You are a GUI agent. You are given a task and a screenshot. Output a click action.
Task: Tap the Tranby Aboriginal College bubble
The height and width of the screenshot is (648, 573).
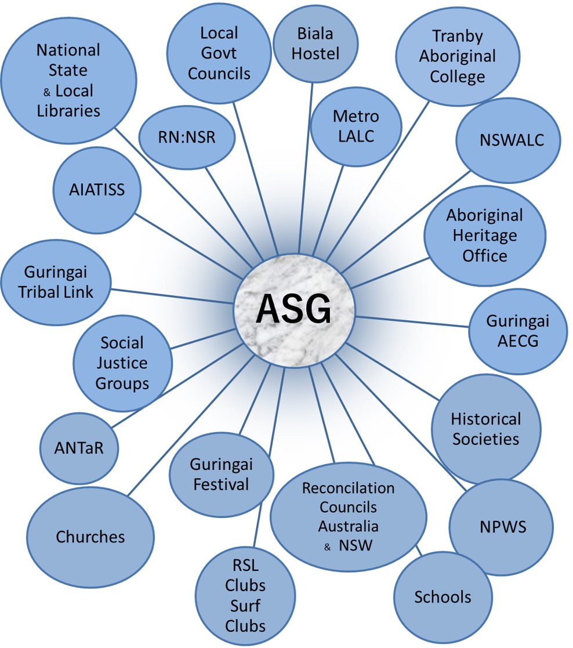(457, 56)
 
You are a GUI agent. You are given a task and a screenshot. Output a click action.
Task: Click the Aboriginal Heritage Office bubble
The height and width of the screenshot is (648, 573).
(484, 236)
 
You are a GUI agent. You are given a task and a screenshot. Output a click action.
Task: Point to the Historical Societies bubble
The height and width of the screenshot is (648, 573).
(486, 428)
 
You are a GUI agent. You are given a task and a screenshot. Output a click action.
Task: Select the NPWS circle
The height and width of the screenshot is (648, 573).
(502, 527)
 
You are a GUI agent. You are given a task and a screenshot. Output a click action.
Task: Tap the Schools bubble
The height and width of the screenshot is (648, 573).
(443, 597)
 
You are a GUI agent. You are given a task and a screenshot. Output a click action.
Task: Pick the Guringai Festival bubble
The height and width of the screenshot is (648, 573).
(221, 473)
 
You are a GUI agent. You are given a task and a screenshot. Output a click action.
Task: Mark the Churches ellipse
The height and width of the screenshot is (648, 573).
(90, 537)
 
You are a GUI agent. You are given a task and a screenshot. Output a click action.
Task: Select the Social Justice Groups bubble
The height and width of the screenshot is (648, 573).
(123, 363)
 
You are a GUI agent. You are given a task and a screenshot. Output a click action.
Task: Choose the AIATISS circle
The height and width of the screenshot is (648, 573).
(97, 190)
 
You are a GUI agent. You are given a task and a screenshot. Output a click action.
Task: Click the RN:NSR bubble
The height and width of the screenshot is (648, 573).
(187, 137)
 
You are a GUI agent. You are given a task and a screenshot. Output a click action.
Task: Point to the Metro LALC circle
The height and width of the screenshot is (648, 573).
(356, 126)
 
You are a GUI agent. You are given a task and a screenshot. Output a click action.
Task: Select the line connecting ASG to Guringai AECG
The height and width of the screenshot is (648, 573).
(412, 322)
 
